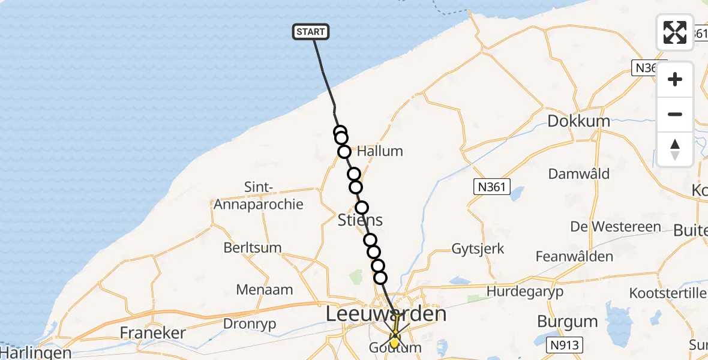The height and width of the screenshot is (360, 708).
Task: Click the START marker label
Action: coord(311,32)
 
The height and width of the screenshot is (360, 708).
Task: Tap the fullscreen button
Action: coord(675,32)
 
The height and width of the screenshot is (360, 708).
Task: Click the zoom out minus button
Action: coord(675,114)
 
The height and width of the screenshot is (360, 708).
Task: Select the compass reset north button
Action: coord(675,149)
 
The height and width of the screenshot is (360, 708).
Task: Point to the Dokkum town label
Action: coord(578,121)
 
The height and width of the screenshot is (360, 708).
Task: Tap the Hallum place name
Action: coord(379,151)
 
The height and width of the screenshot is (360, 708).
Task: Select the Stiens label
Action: coord(360,220)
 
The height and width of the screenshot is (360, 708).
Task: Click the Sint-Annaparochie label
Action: coord(259,196)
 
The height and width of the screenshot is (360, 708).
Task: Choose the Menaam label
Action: coord(265,290)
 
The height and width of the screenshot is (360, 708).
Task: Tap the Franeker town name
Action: coord(153,332)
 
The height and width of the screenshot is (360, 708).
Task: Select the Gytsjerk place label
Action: coord(478,248)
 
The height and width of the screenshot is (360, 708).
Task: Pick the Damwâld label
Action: coord(579,174)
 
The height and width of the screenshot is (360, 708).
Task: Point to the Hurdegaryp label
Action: coord(526,292)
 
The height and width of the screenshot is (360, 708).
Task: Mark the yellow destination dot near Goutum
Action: coord(394,343)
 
